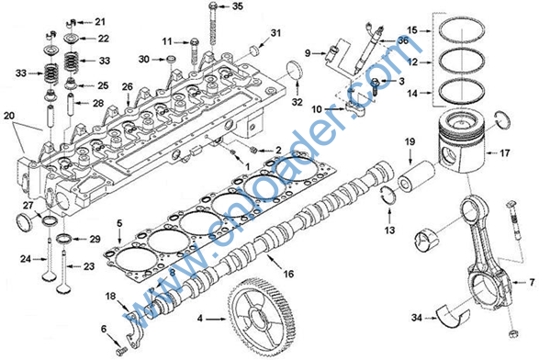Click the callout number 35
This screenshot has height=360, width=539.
pos(238,6)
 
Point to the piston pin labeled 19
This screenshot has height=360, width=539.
pos(416,175)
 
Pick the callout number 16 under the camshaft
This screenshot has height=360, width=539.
pos(288,274)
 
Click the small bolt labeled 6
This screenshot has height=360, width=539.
pos(122,351)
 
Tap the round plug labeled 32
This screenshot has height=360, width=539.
pos(293,70)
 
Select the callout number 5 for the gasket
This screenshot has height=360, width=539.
pos(119,223)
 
